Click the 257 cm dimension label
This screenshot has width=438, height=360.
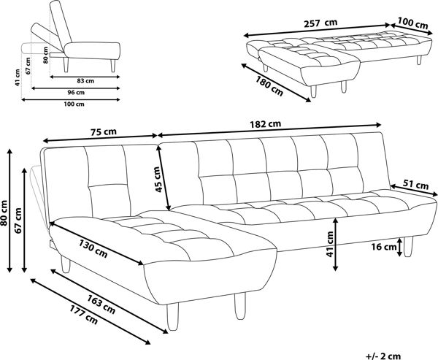point(320,23)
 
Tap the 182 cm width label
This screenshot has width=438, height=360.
point(265,124)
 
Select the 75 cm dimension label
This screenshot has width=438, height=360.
point(104,131)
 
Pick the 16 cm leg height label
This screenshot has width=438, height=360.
point(384,247)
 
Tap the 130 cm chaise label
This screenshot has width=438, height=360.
point(93,248)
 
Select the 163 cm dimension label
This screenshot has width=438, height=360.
point(101,304)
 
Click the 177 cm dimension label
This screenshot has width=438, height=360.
point(84,315)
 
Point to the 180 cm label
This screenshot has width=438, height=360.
point(269,86)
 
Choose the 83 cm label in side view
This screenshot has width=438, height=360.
point(85,81)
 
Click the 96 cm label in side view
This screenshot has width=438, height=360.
point(76,93)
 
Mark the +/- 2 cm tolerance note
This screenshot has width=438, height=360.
point(383,356)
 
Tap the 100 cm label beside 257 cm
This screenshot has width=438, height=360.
point(413,23)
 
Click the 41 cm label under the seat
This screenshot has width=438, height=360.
point(331,244)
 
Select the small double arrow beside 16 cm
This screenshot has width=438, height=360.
point(400,247)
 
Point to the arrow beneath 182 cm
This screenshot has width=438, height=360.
point(269,130)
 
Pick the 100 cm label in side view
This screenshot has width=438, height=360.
point(74,104)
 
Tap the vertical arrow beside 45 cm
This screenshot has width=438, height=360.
point(164,179)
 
